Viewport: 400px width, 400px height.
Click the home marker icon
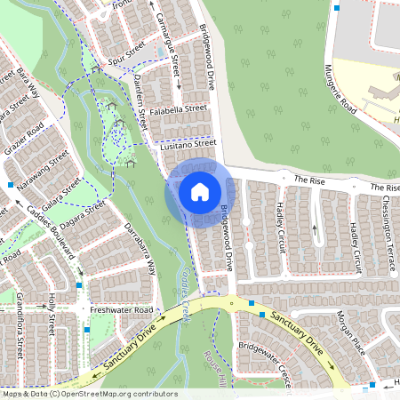(199, 191)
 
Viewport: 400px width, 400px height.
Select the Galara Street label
(62, 194)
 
